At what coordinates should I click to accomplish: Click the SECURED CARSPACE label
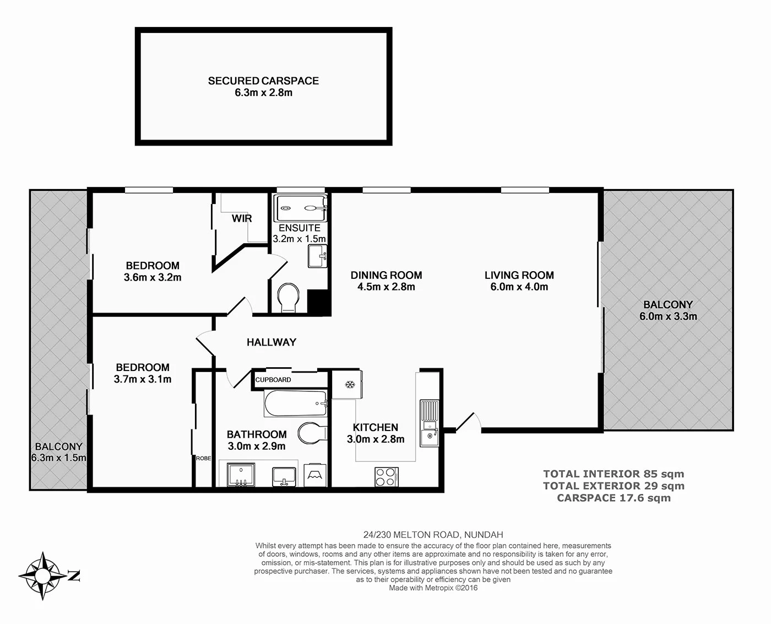(x=263, y=80)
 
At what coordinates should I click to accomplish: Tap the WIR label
(x=241, y=218)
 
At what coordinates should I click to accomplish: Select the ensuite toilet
(x=289, y=297)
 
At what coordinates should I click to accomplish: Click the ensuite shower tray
(x=301, y=208)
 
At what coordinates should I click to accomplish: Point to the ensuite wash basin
(x=317, y=256)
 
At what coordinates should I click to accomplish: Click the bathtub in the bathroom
(x=296, y=404)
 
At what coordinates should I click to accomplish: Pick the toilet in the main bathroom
(x=312, y=433)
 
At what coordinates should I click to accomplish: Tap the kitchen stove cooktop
(x=387, y=477)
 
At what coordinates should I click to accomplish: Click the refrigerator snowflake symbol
(x=350, y=384)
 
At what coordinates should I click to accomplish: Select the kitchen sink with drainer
(x=430, y=423)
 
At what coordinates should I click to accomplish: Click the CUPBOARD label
(x=273, y=380)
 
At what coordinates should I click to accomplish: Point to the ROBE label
(x=203, y=459)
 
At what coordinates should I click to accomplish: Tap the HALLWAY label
(x=272, y=342)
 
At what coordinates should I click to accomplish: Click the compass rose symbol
(x=43, y=575)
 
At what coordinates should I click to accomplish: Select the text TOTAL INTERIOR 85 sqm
(x=613, y=474)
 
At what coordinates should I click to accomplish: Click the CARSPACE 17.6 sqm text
(x=613, y=498)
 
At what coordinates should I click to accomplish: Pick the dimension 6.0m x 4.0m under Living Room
(x=519, y=287)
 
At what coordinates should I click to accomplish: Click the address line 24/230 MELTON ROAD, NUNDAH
(x=433, y=535)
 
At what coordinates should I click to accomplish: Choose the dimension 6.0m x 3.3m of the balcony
(x=668, y=316)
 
